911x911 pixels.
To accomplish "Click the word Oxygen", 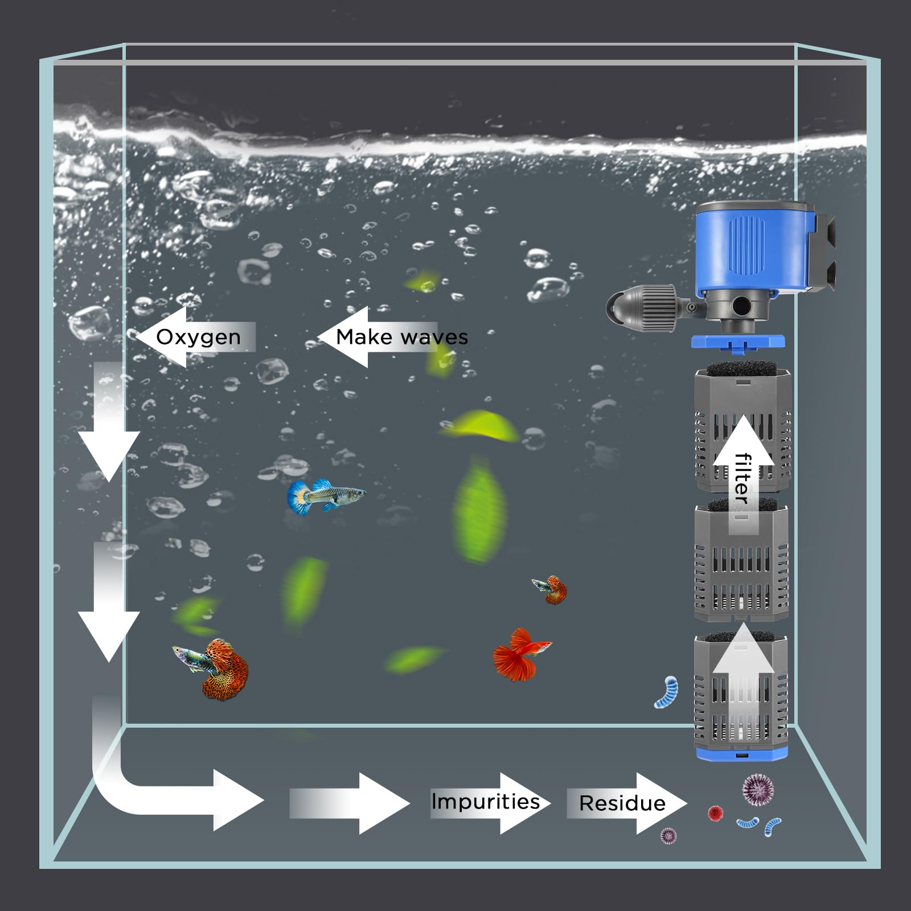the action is pos(198,337).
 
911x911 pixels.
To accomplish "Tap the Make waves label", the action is pos(401,337).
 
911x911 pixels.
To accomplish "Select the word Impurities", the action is pos(485,802).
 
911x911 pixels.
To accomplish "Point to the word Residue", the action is pos(622,803).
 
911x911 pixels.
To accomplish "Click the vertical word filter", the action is pos(741,478).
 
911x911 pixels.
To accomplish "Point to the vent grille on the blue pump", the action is pos(746,246).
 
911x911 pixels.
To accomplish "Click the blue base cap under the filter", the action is pos(740,753).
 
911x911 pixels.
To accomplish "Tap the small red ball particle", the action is pos(715,812).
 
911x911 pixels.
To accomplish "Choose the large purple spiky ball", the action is pos(758,789).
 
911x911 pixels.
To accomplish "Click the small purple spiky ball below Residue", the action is pos(668,835).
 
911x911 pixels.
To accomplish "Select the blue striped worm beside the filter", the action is pos(667,691).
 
